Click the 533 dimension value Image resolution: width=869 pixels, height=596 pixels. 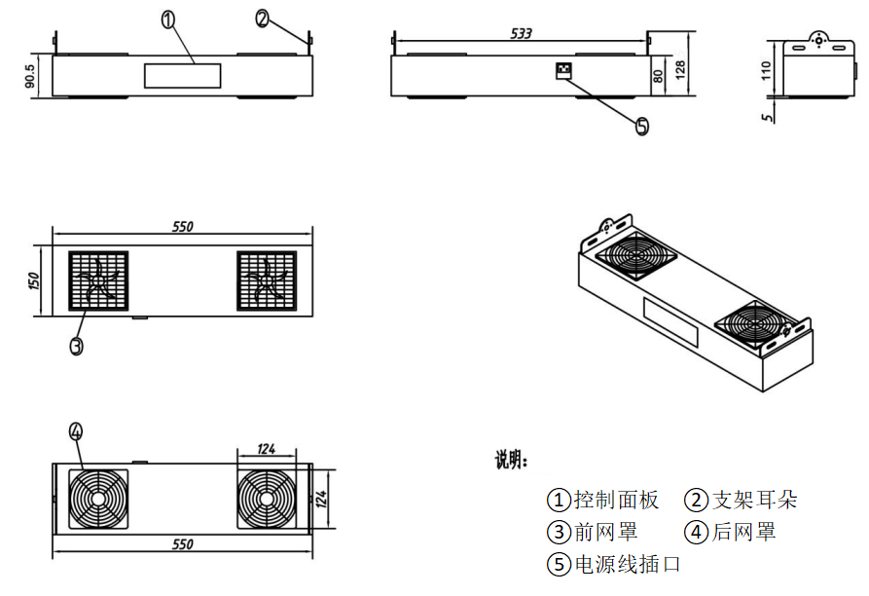tap(522, 33)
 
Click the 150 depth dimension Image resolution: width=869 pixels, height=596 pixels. tap(32, 280)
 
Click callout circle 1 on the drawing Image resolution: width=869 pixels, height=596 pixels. tap(168, 20)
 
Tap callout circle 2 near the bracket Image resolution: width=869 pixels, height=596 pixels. tap(264, 17)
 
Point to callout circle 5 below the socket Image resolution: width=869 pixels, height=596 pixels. tap(641, 127)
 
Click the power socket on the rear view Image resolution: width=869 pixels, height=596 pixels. tap(562, 70)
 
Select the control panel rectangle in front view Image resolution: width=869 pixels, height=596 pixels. tap(182, 77)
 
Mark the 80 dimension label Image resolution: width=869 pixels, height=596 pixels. tap(659, 75)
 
